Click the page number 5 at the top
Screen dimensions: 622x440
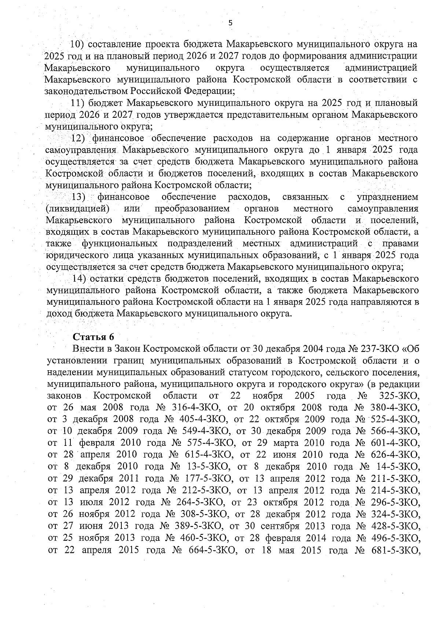tap(230, 23)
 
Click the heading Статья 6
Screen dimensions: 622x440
tap(93, 337)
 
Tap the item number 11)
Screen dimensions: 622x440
tap(78, 102)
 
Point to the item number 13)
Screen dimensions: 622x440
tap(78, 197)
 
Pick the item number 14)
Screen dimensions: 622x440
tap(79, 278)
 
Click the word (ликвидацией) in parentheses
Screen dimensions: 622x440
tap(78, 209)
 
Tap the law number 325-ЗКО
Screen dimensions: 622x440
tap(397, 396)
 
